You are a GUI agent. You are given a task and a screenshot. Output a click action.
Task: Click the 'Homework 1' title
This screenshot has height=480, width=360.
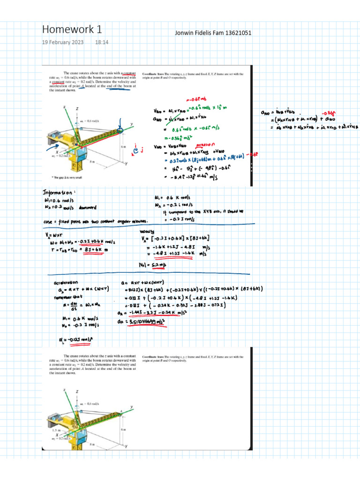click(x=72, y=30)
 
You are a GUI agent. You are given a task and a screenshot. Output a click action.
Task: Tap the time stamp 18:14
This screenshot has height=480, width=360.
click(x=102, y=42)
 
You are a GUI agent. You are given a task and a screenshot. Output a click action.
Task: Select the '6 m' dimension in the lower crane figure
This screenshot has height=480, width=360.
click(x=122, y=429)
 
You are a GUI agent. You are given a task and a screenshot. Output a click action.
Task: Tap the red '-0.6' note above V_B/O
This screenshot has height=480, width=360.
click(x=194, y=99)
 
